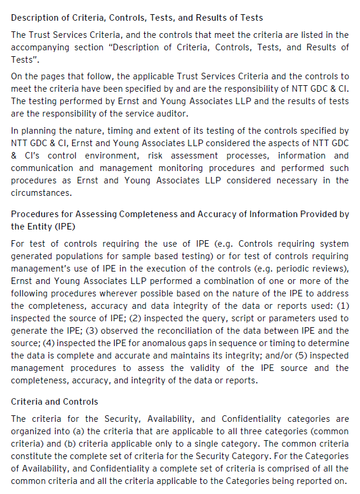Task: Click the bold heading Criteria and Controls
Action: click(54, 402)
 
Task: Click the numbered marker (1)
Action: click(342, 306)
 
